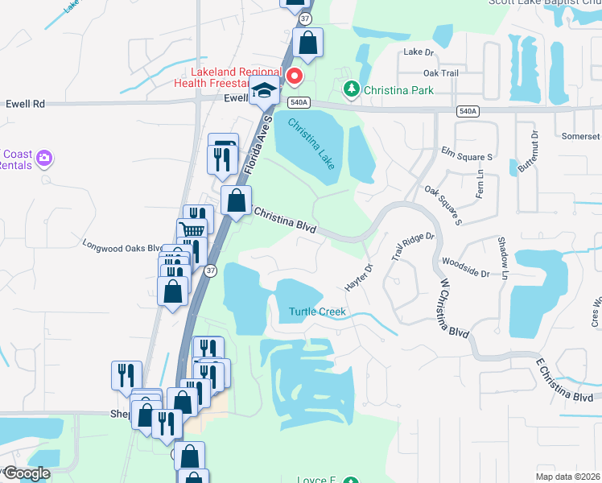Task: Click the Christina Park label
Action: [x=398, y=90]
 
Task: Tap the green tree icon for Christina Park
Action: [x=350, y=89]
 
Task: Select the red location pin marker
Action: [x=295, y=77]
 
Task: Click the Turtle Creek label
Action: [x=318, y=312]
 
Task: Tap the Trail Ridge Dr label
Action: [x=413, y=246]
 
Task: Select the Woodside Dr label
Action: [x=465, y=268]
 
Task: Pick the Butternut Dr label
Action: [x=532, y=150]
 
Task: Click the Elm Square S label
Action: [x=466, y=153]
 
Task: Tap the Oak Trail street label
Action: [x=440, y=73]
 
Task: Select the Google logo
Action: [x=26, y=473]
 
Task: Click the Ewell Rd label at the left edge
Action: [x=25, y=104]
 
